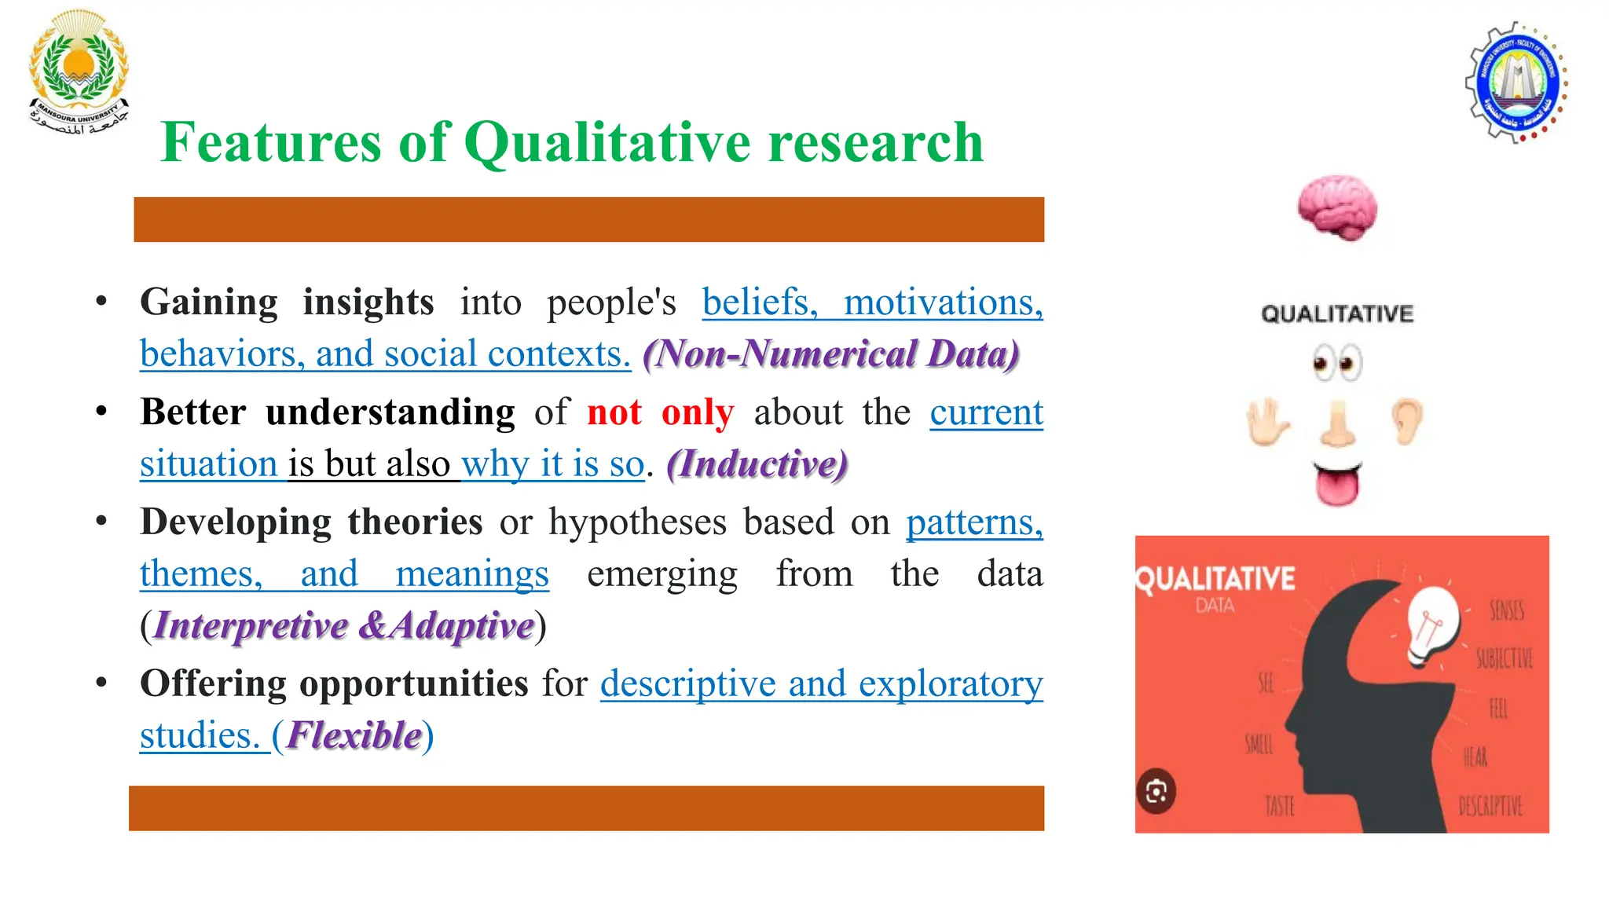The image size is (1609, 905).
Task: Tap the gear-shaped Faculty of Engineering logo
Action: coord(1516,83)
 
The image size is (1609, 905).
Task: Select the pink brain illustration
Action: coord(1337,208)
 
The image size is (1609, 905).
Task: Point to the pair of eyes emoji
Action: coord(1337,363)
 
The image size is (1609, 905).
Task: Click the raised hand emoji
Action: coord(1267,422)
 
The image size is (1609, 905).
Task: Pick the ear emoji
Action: coord(1406,421)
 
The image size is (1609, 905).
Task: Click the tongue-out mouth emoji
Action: coord(1337,484)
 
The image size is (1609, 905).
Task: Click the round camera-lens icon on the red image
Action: coord(1156,791)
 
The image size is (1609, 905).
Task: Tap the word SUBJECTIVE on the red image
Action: coord(1504,658)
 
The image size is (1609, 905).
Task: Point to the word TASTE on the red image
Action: coord(1279,806)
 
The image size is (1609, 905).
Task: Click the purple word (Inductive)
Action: coord(757,464)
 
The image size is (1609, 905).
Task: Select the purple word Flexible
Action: coord(354,736)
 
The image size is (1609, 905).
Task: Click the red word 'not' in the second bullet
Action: coord(614,412)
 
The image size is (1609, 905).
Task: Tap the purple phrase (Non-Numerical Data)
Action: coord(831,354)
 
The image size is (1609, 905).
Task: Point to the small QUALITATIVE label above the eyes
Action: coord(1337,314)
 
